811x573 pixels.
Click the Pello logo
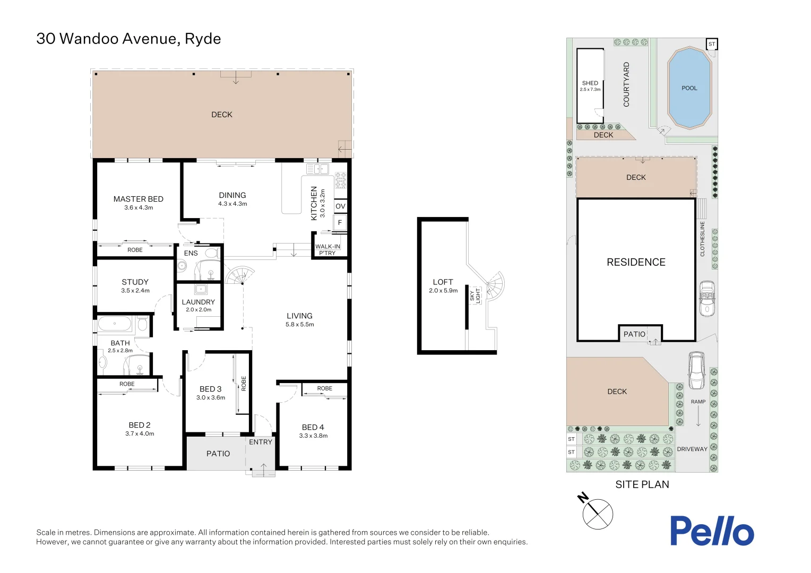(711, 531)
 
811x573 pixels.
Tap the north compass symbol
(597, 514)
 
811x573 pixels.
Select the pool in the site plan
(689, 88)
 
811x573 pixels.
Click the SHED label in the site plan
(590, 83)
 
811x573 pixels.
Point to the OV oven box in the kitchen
(340, 206)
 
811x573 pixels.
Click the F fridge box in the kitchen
(340, 222)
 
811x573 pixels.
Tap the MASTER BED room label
(138, 199)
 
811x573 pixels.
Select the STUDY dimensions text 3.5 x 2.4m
(135, 291)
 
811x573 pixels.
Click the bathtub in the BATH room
(115, 324)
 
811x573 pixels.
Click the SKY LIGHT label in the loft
(475, 296)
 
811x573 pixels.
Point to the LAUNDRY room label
(198, 302)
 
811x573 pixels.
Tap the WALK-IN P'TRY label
(327, 249)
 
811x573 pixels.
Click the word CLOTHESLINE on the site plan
(702, 239)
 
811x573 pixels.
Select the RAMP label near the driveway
(698, 402)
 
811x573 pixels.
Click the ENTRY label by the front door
(260, 442)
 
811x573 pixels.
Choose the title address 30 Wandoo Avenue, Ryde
(128, 39)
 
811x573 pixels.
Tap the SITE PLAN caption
(642, 484)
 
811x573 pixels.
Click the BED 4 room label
(313, 427)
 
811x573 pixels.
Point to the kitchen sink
(317, 169)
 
